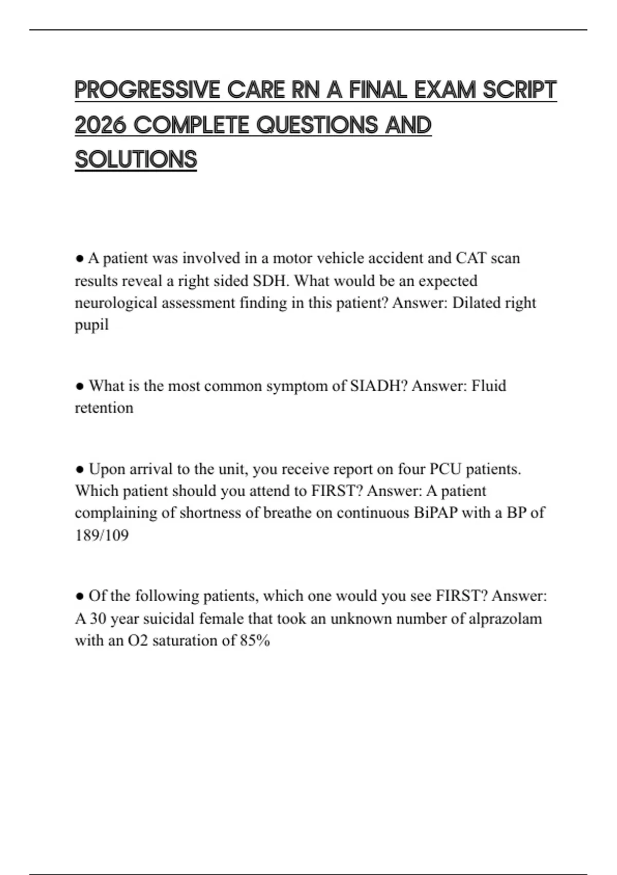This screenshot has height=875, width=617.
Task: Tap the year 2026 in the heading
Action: point(101,125)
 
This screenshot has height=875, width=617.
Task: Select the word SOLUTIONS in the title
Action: point(136,160)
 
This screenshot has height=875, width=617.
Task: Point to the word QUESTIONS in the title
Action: point(316,125)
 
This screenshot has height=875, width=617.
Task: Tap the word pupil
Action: point(92,325)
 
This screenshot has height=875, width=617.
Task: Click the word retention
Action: point(104,408)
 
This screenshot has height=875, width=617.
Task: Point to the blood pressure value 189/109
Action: point(102,535)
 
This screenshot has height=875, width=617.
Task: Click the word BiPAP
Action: point(435,513)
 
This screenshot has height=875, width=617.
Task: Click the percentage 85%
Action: point(255,641)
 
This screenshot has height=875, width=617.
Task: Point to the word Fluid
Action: point(488,386)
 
